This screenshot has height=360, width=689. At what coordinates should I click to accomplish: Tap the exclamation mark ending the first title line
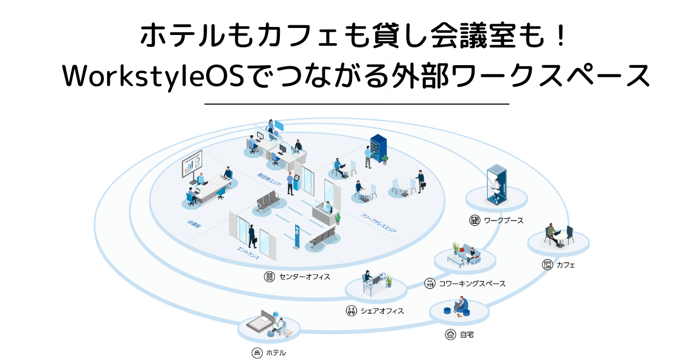pyautogui.click(x=559, y=36)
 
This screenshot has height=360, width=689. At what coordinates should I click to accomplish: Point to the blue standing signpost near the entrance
pyautogui.click(x=296, y=237)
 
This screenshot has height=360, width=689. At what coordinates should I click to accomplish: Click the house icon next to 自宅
pyautogui.click(x=451, y=334)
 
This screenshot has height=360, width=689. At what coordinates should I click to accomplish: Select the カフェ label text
pyautogui.click(x=566, y=265)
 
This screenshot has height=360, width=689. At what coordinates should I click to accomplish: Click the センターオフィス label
pyautogui.click(x=304, y=277)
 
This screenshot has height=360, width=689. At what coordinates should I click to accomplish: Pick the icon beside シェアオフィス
pyautogui.click(x=351, y=310)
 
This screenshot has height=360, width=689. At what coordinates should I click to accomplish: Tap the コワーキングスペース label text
pyautogui.click(x=472, y=283)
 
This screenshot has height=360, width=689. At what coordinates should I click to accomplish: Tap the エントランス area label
pyautogui.click(x=248, y=253)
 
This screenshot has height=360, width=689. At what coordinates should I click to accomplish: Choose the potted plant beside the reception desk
pyautogui.click(x=338, y=218)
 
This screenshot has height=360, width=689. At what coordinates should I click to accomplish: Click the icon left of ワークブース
pyautogui.click(x=474, y=220)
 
